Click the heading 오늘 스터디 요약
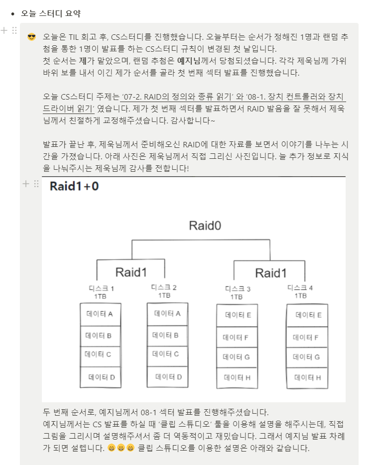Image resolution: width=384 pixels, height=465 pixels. [x=51, y=13]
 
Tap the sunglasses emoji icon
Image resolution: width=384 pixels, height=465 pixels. [x=32, y=37]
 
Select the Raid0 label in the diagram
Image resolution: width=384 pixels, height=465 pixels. [x=205, y=226]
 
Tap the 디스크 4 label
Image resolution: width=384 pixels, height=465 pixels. [x=300, y=288]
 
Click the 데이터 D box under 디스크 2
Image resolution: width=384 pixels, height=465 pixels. [x=168, y=377]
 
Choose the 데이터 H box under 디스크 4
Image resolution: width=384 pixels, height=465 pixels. [x=307, y=378]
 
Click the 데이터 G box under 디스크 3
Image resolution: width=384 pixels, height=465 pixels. [x=237, y=357]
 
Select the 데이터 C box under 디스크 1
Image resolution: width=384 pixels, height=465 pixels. [x=99, y=354]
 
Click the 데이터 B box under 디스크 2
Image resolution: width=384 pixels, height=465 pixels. [x=166, y=335]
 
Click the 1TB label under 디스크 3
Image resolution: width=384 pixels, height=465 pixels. [x=237, y=297]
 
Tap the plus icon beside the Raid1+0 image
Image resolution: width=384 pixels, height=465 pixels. [x=26, y=184]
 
